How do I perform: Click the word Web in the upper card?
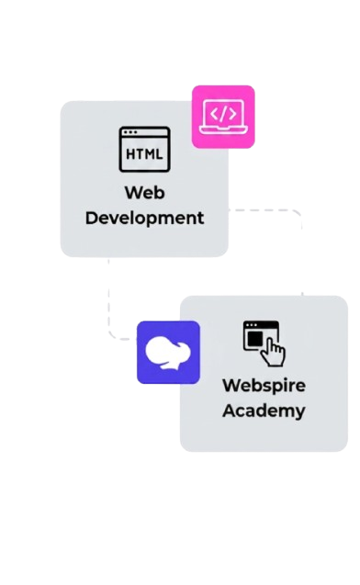pos(145,193)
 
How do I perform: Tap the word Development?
pos(145,219)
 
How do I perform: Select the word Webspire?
pos(264,386)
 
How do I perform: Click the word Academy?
pos(264,411)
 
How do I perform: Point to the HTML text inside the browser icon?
pos(144,154)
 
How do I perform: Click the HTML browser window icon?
pos(145,149)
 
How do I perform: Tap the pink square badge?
pos(223,117)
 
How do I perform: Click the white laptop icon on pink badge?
pos(223,117)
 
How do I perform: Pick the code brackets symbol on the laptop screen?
pos(223,114)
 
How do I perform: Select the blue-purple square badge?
pos(168,353)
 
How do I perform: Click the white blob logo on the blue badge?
pos(168,353)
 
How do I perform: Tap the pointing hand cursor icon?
pos(274,354)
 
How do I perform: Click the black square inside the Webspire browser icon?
pos(255,339)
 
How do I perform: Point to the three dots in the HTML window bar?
pos(130,132)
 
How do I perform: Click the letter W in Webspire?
pos(231,385)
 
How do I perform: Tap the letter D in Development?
pos(92,218)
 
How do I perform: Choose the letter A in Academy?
pos(230,411)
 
